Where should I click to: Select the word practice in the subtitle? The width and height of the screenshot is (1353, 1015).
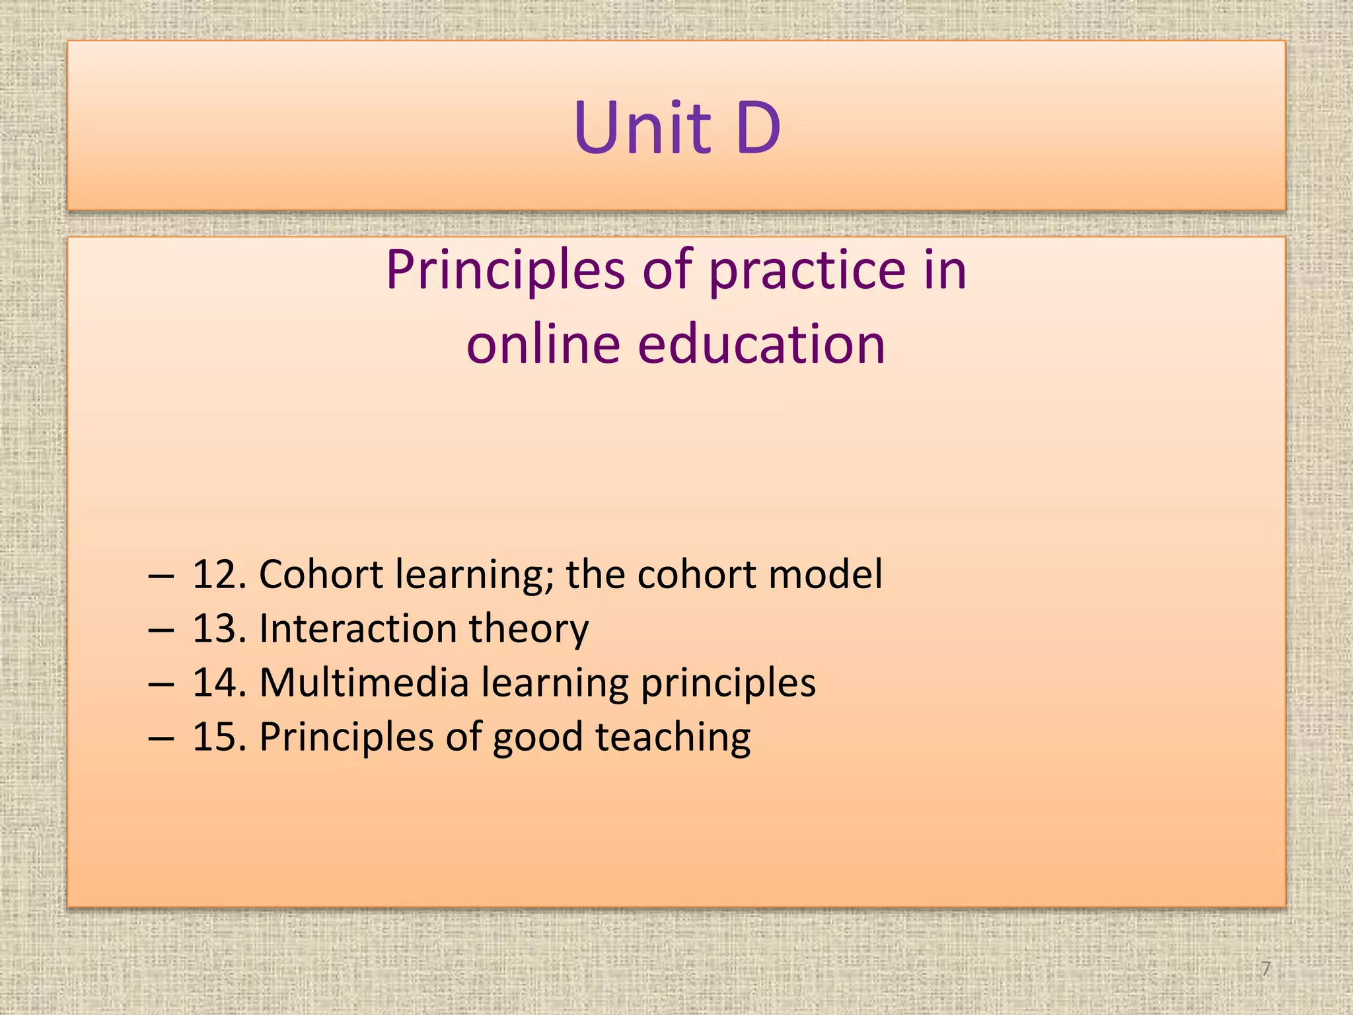tap(807, 271)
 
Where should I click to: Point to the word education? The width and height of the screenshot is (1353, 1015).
tap(760, 344)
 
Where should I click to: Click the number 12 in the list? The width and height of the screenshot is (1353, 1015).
tap(215, 574)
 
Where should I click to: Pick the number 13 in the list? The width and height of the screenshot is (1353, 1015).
tap(215, 628)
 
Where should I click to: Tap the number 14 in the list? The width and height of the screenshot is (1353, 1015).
tap(215, 683)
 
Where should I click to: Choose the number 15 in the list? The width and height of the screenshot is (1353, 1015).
tap(215, 737)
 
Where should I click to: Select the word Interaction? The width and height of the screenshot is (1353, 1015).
tap(357, 628)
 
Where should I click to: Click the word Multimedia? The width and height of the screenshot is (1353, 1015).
tap(364, 683)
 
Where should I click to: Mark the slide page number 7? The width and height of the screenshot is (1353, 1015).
tap(1265, 969)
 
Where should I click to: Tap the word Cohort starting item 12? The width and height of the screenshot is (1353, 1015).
tap(320, 574)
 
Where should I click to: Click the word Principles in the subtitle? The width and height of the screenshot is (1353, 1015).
tap(505, 271)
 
